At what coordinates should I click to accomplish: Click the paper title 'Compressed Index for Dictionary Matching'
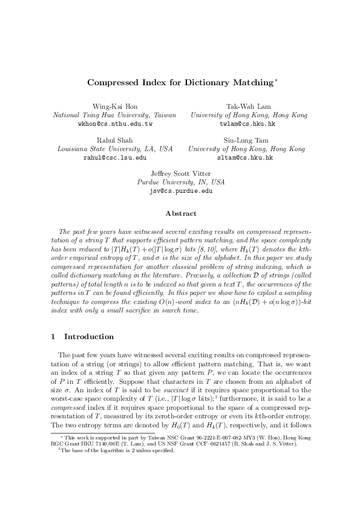tap(180, 82)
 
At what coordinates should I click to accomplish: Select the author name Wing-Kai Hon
tap(114, 106)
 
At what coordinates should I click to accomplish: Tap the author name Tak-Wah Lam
tap(246, 106)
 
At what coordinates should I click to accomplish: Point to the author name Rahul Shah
tap(114, 140)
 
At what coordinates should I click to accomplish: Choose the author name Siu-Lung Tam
tap(246, 140)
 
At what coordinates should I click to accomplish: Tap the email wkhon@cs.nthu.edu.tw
tap(115, 123)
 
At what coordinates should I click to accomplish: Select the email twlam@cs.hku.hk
tap(246, 123)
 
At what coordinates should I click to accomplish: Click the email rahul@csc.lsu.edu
tap(115, 157)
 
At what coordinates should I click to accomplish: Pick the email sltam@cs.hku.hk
tap(246, 157)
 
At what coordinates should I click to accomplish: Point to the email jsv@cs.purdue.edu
tap(180, 191)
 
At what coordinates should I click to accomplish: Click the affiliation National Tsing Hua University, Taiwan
tap(115, 115)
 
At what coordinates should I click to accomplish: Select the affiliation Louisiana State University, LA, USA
tap(115, 149)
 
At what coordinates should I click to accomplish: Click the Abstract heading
tap(180, 213)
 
